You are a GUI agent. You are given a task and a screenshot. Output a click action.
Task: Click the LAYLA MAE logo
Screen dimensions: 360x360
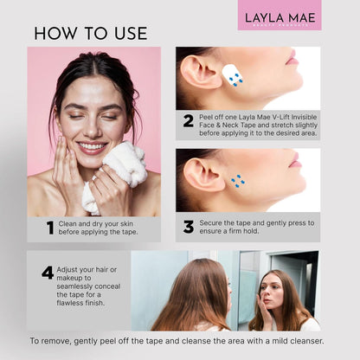(x=280, y=16)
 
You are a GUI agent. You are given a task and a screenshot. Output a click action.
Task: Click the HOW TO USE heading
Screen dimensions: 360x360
(x=91, y=33)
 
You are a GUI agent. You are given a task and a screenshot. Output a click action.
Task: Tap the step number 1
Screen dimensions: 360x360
(x=50, y=228)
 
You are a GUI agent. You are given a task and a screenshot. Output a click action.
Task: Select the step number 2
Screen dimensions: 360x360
(x=188, y=120)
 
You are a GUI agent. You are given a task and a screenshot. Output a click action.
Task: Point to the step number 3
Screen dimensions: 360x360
(x=188, y=227)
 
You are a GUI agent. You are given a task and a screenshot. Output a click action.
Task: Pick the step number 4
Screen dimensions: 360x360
(x=48, y=273)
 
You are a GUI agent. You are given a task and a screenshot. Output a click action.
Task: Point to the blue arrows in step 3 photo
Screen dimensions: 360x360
(x=238, y=181)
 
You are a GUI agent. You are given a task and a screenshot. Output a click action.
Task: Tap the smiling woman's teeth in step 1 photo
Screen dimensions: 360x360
(x=90, y=146)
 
